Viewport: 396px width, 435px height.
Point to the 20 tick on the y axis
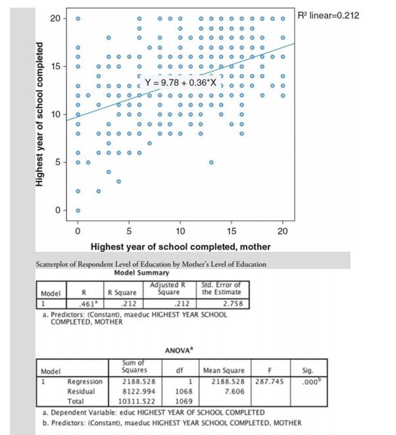pos(55,18)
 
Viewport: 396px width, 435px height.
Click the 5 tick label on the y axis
pos(57,162)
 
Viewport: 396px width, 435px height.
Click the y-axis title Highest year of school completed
pos(41,115)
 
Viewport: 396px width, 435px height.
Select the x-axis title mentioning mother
pos(180,247)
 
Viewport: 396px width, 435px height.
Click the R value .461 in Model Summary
pos(83,304)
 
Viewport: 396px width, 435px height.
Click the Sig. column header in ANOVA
pos(308,370)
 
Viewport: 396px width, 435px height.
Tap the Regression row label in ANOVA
pos(85,381)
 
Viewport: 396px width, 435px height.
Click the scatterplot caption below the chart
pos(151,264)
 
